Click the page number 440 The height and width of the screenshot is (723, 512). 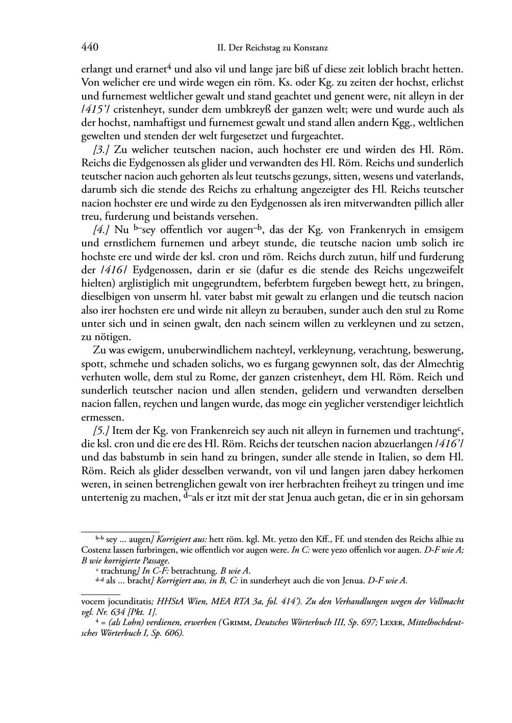point(90,48)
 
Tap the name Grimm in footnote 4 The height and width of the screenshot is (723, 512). point(271,623)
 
